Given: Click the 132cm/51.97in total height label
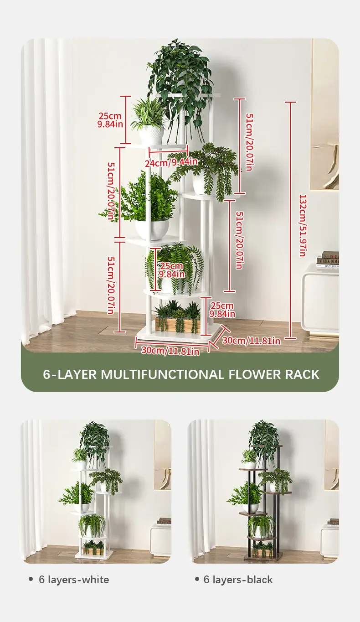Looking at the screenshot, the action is point(302,225).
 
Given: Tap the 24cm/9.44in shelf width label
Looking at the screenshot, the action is point(171,162).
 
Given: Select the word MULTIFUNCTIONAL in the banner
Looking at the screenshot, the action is point(162,374).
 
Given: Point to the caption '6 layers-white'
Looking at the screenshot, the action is point(74,580).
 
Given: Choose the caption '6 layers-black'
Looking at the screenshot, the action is point(238,580).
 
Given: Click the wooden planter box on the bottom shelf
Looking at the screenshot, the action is point(177,324).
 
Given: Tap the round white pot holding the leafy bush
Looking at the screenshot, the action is point(152,229).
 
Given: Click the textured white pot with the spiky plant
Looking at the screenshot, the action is point(151,135).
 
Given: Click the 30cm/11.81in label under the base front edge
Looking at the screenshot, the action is point(170,351).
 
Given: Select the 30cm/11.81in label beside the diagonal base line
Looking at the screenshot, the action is point(251,341).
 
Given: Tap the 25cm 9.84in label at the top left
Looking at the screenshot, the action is point(110,119).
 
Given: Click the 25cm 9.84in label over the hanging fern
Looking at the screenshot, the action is point(171,270).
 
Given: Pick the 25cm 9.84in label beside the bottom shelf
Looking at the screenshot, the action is point(222,310).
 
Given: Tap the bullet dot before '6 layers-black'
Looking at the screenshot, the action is point(197,579).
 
